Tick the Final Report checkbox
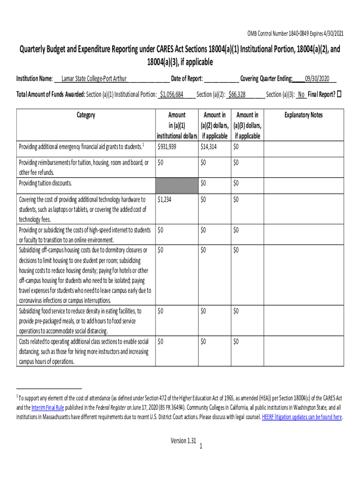[340, 94]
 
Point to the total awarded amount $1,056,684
[172, 94]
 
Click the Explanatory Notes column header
[304, 115]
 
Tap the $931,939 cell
[167, 147]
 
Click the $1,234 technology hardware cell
[165, 200]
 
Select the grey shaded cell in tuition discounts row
[176, 183]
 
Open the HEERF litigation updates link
[302, 417]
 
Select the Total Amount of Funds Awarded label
[50, 94]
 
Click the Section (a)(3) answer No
[301, 94]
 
